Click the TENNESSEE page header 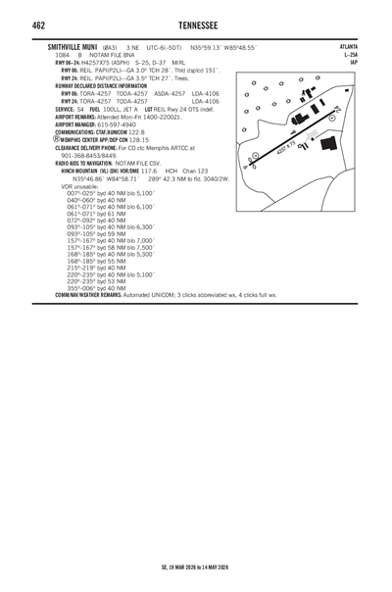195,25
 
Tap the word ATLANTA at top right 348,46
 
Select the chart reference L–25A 350,54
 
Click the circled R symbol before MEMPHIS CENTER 58,138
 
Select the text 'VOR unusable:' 80,186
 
